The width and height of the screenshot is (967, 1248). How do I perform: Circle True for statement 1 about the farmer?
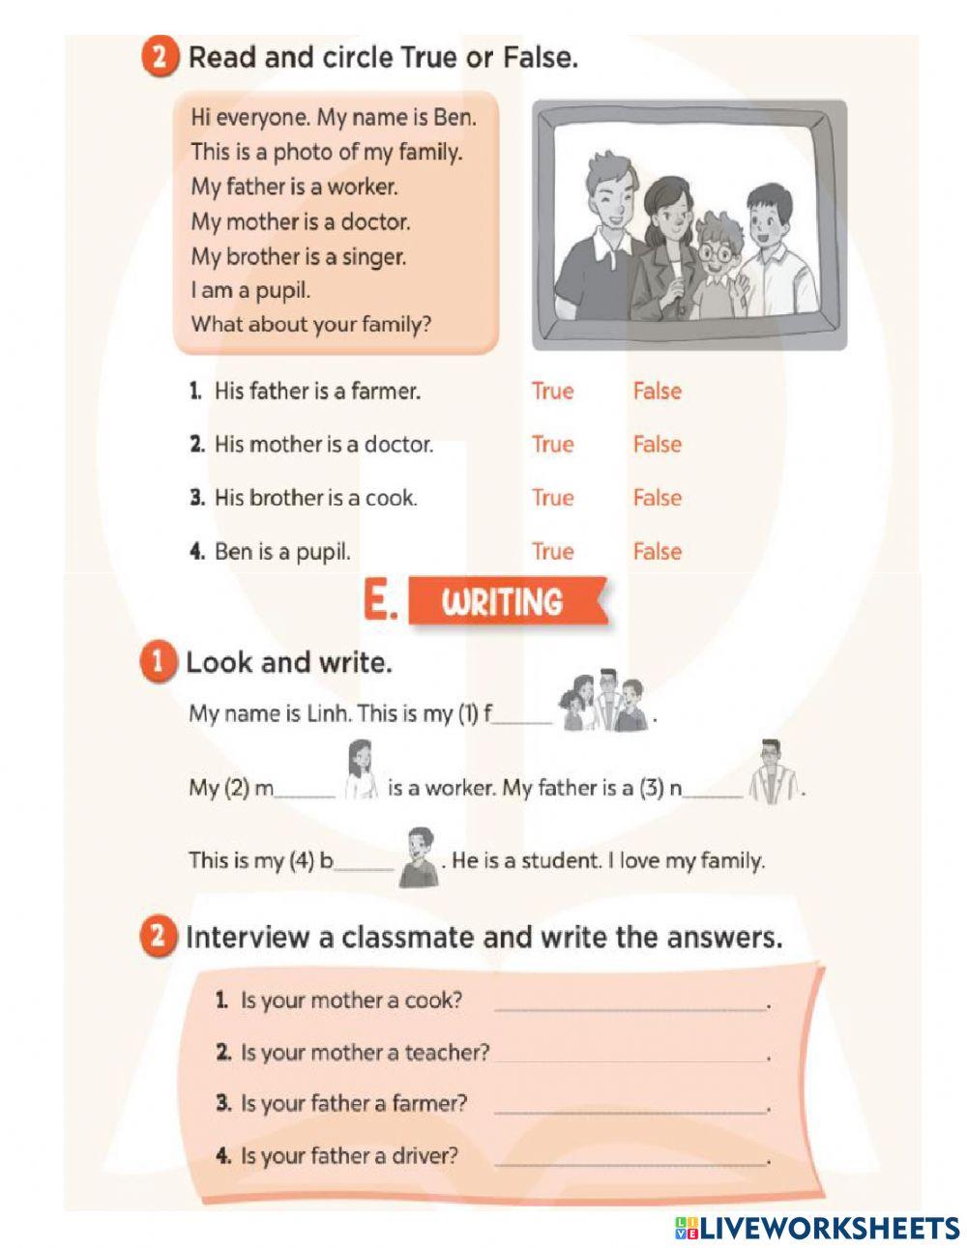click(x=552, y=392)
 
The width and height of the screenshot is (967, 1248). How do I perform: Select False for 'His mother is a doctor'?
click(x=657, y=445)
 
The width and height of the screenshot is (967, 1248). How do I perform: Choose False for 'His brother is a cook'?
click(x=657, y=498)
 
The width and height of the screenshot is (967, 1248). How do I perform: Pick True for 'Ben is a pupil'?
click(x=552, y=552)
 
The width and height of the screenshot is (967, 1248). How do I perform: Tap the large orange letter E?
click(x=379, y=601)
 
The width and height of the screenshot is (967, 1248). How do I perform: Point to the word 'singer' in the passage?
click(x=373, y=257)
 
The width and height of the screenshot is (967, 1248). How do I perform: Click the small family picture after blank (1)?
click(x=605, y=701)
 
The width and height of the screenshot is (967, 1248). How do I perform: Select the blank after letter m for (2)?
click(x=305, y=790)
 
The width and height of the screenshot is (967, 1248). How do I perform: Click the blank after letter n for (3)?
click(x=713, y=790)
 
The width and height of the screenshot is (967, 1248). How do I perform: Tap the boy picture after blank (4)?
click(x=419, y=856)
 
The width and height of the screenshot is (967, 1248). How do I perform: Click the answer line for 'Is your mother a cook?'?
click(x=630, y=1003)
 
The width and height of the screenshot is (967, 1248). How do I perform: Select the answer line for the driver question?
click(x=630, y=1159)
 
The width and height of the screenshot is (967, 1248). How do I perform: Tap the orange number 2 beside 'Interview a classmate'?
click(x=158, y=937)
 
